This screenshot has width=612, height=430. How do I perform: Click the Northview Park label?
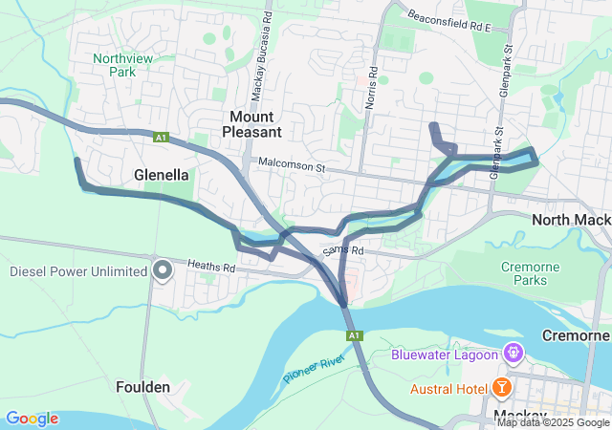click(x=116, y=64)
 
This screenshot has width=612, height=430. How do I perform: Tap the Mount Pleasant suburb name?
click(x=253, y=124)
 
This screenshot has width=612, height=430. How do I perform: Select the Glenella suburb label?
click(x=162, y=176)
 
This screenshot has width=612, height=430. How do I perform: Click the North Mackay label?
click(x=571, y=220)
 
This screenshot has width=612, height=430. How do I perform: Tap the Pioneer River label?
click(x=313, y=366)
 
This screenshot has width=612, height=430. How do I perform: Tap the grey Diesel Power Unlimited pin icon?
click(x=163, y=270)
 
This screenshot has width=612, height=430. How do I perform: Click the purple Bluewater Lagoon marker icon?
click(x=514, y=354)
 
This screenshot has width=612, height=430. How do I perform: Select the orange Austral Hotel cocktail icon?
click(x=501, y=388)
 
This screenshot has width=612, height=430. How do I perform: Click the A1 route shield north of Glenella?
click(x=162, y=138)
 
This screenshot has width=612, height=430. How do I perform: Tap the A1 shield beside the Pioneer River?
click(x=355, y=336)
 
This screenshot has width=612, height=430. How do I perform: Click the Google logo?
click(x=32, y=419)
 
